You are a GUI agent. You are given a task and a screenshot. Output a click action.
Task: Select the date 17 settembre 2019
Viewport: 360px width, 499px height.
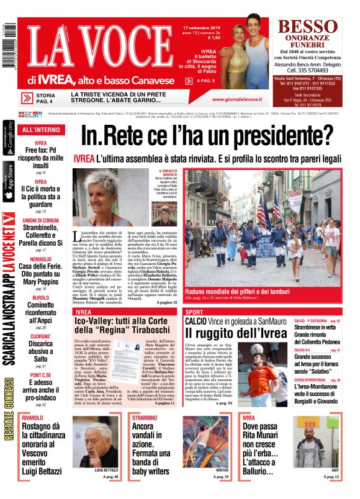[203, 28]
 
